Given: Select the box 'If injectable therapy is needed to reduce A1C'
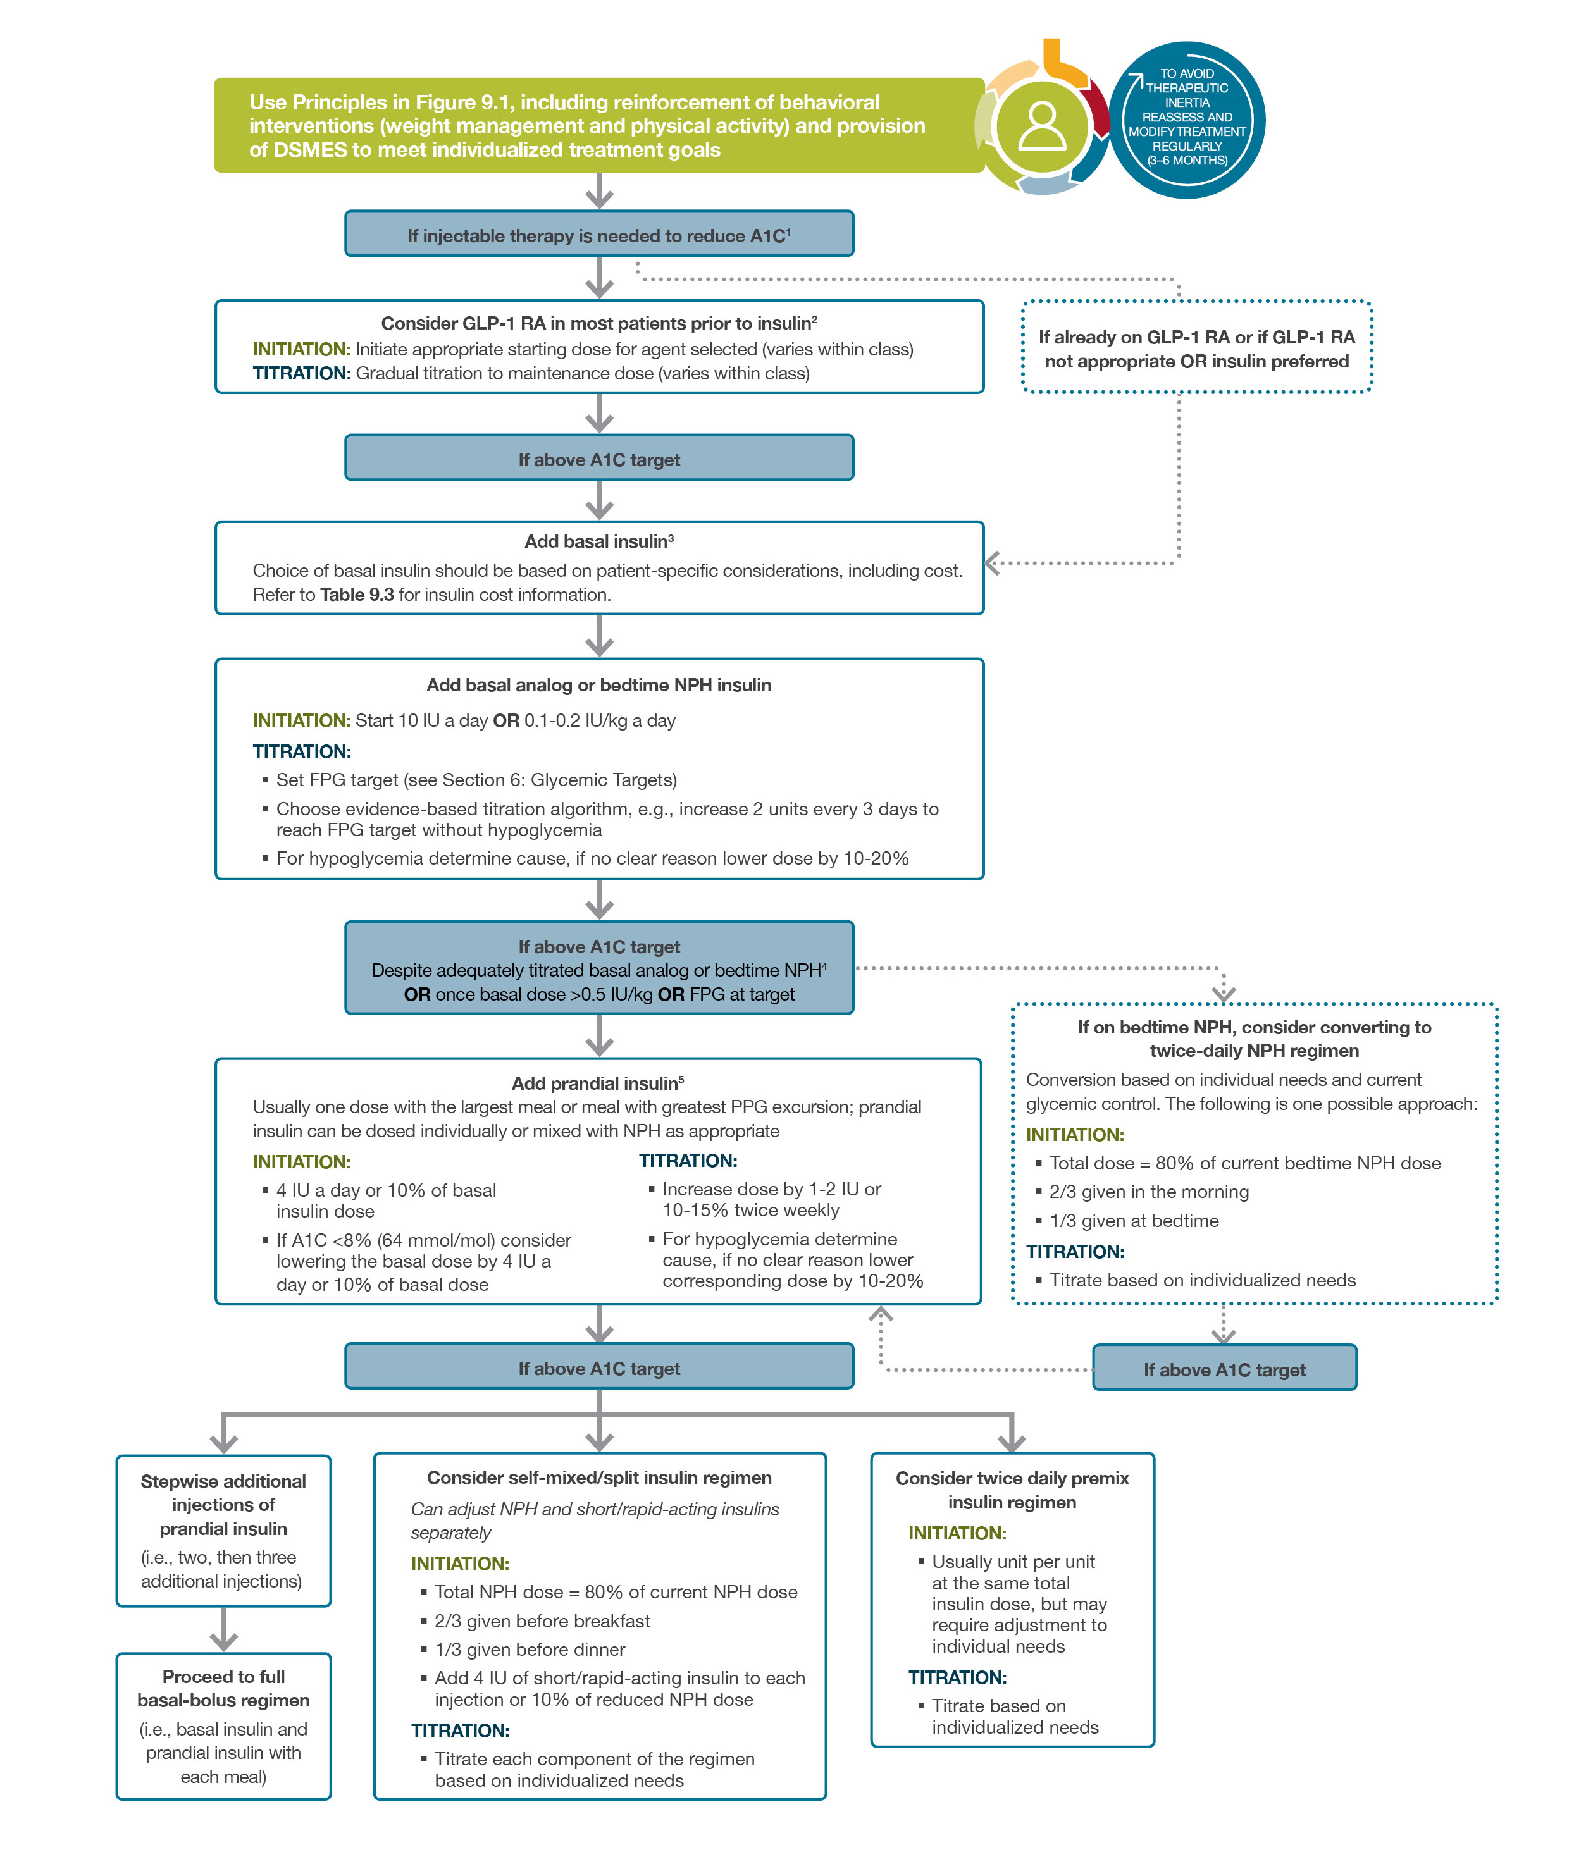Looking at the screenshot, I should pyautogui.click(x=599, y=235).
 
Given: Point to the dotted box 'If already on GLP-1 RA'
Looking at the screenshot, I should pyautogui.click(x=1196, y=349).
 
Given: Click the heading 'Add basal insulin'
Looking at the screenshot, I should pyautogui.click(x=599, y=541).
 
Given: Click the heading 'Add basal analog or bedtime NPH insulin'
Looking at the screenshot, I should pyautogui.click(x=599, y=685).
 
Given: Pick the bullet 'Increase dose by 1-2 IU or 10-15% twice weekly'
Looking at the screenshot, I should pyautogui.click(x=771, y=1199).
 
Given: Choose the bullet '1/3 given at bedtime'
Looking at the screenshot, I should pyautogui.click(x=1133, y=1221).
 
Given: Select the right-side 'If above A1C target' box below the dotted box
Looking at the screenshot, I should pyautogui.click(x=1224, y=1369).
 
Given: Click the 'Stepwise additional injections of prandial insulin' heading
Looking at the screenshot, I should pyautogui.click(x=223, y=1505).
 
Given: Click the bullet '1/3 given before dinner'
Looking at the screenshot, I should pyautogui.click(x=529, y=1649).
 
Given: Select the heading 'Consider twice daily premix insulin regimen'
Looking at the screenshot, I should pyautogui.click(x=1012, y=1490).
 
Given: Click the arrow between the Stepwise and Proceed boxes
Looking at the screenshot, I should pyautogui.click(x=223, y=1629).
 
